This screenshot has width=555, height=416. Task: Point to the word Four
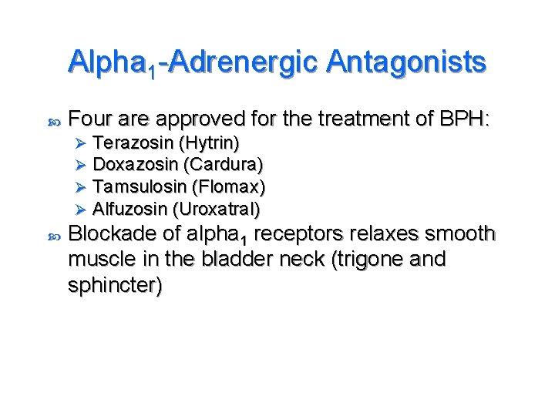coord(91,119)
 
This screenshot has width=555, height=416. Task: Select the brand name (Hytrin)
coord(208,143)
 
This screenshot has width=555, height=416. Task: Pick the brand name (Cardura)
coord(223,165)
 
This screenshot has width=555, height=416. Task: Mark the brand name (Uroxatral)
coord(217,209)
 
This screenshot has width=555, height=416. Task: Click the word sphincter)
coord(116,285)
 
